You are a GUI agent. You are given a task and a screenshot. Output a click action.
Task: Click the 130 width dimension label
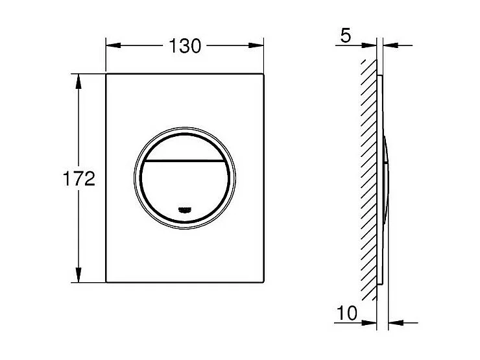click(x=185, y=45)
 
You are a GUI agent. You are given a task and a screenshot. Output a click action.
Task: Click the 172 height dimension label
click(x=81, y=179)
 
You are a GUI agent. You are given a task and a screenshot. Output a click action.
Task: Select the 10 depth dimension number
click(x=347, y=313)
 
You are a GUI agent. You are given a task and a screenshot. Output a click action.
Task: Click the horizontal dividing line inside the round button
click(x=186, y=160)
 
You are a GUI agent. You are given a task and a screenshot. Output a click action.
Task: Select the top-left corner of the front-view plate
click(x=107, y=75)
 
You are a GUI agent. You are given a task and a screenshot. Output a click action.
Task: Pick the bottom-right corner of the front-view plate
click(x=263, y=282)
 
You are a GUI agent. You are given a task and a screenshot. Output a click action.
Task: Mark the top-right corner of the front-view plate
click(x=263, y=75)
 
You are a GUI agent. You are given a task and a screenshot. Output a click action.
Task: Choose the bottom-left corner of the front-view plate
click(x=107, y=282)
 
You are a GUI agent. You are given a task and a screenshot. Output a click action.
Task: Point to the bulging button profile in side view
click(x=387, y=178)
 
